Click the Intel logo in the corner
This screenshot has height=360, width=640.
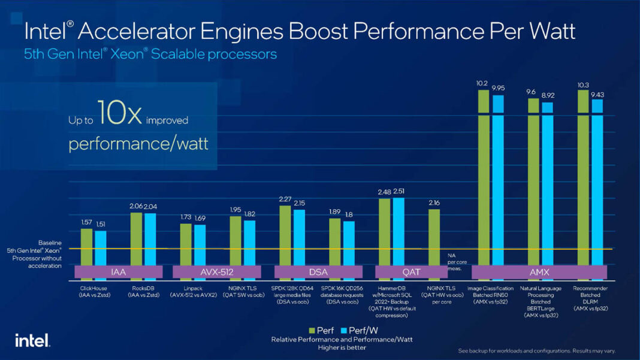[x=32, y=340]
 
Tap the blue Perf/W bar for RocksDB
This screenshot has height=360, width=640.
[x=150, y=240]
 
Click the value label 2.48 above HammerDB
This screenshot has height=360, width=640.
[x=384, y=192]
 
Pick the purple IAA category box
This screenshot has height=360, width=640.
[x=118, y=272]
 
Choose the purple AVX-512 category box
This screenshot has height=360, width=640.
[x=218, y=272]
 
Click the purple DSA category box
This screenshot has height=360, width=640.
[x=318, y=272]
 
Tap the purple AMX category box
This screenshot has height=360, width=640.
[x=539, y=272]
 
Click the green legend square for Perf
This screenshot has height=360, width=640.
[x=312, y=330]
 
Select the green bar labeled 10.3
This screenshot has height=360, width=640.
[x=582, y=180]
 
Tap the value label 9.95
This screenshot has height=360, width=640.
[x=499, y=87]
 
